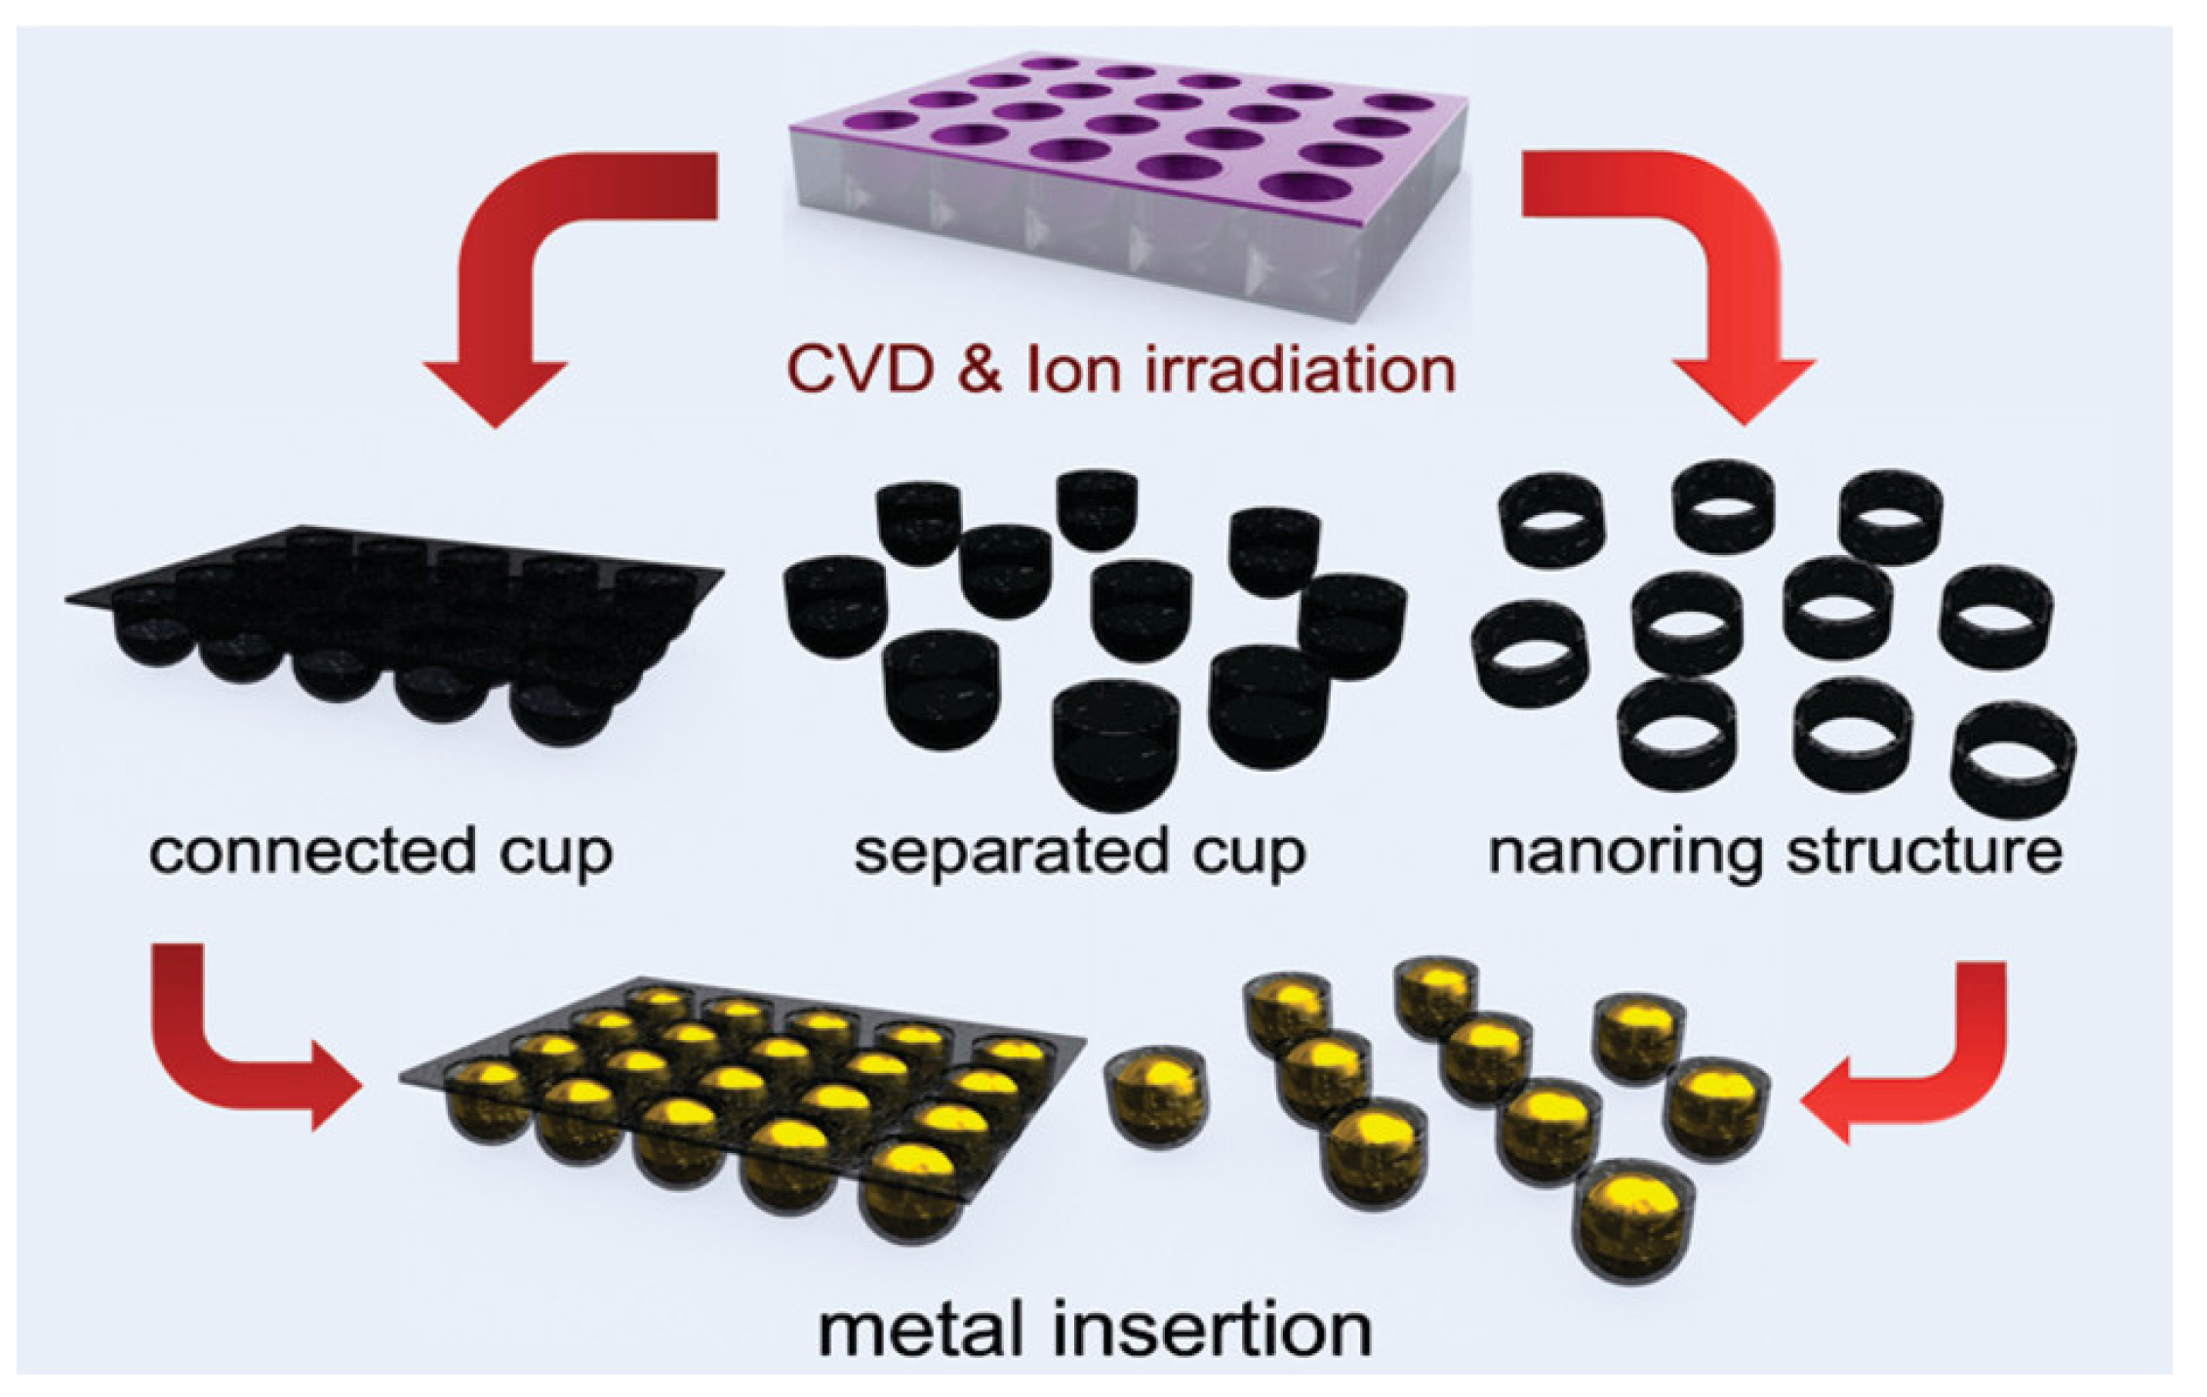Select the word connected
(x=310, y=851)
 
